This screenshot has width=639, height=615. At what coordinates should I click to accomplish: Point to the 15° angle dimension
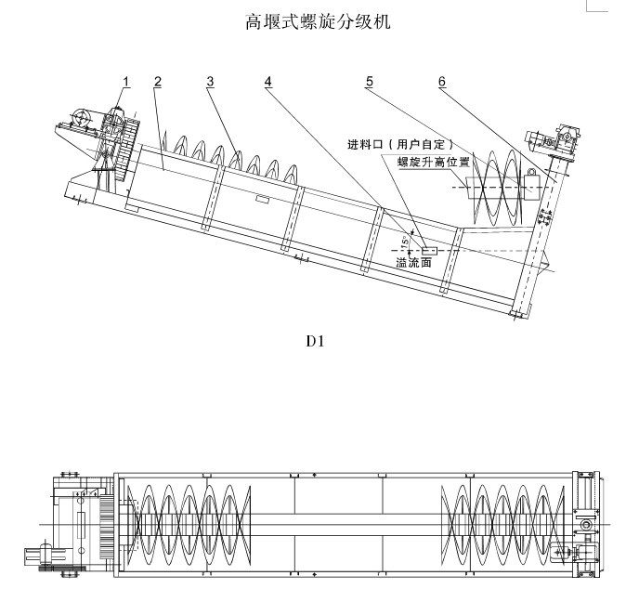pos(404,242)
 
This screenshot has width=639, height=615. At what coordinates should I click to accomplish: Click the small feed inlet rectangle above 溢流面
pos(429,250)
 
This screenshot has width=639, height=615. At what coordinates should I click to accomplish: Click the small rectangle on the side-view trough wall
pos(263,200)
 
